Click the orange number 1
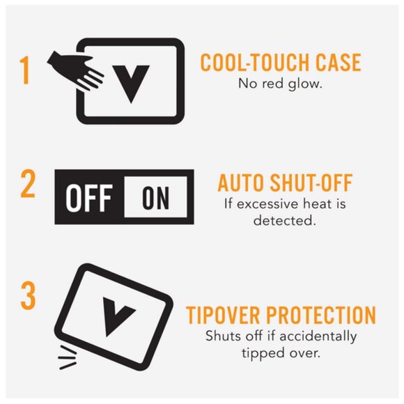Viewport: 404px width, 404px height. point(25,70)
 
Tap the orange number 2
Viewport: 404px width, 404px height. point(28,184)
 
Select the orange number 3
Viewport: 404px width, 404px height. point(28,295)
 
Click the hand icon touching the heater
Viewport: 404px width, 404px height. point(76,70)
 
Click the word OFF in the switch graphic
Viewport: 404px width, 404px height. point(89,198)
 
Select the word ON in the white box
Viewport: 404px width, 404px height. point(155,198)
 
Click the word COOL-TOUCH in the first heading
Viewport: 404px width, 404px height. point(256,63)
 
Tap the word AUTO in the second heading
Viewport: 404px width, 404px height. point(240,182)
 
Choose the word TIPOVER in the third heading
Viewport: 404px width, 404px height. point(223,315)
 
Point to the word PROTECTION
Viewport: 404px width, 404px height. point(321,315)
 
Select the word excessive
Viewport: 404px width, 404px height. point(267,204)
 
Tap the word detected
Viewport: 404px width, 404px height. point(284,221)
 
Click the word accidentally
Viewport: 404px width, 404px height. point(318,336)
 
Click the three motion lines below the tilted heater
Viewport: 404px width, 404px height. point(68,357)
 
